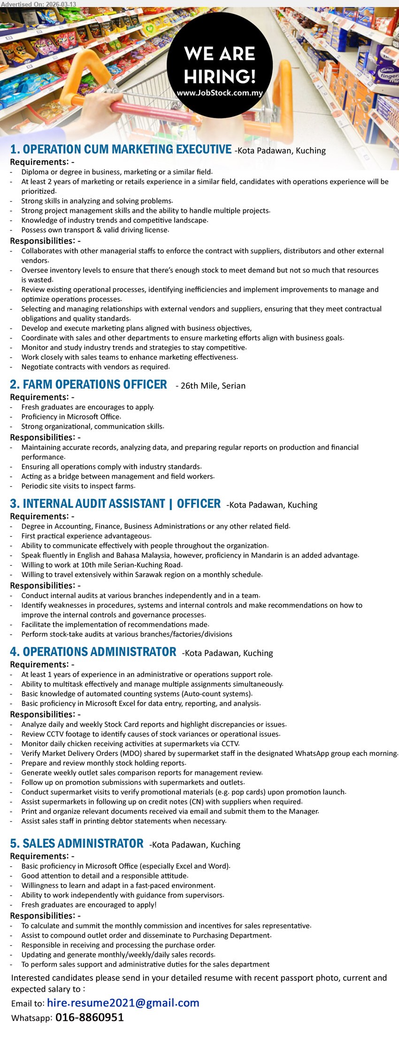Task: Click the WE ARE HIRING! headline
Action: [x=220, y=65]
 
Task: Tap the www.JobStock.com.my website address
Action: [x=220, y=93]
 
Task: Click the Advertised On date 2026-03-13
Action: [x=38, y=4]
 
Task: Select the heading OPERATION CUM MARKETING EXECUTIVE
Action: [x=121, y=149]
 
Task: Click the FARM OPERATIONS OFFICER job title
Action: [x=89, y=385]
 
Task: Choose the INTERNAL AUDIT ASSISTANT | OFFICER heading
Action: [x=115, y=504]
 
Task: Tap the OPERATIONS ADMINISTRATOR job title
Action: [x=93, y=652]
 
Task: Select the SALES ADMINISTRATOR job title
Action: [x=77, y=844]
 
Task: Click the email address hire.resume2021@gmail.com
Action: [x=123, y=1003]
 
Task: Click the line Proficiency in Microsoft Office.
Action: [x=71, y=417]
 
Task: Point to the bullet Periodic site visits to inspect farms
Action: [x=78, y=486]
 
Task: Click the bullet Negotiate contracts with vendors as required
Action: [x=95, y=367]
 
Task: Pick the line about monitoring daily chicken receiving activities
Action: [x=130, y=744]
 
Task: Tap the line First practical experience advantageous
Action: [x=86, y=536]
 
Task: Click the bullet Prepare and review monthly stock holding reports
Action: [x=103, y=763]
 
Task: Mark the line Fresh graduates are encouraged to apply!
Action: [x=89, y=905]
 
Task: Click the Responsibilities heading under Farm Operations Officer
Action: [x=46, y=437]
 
